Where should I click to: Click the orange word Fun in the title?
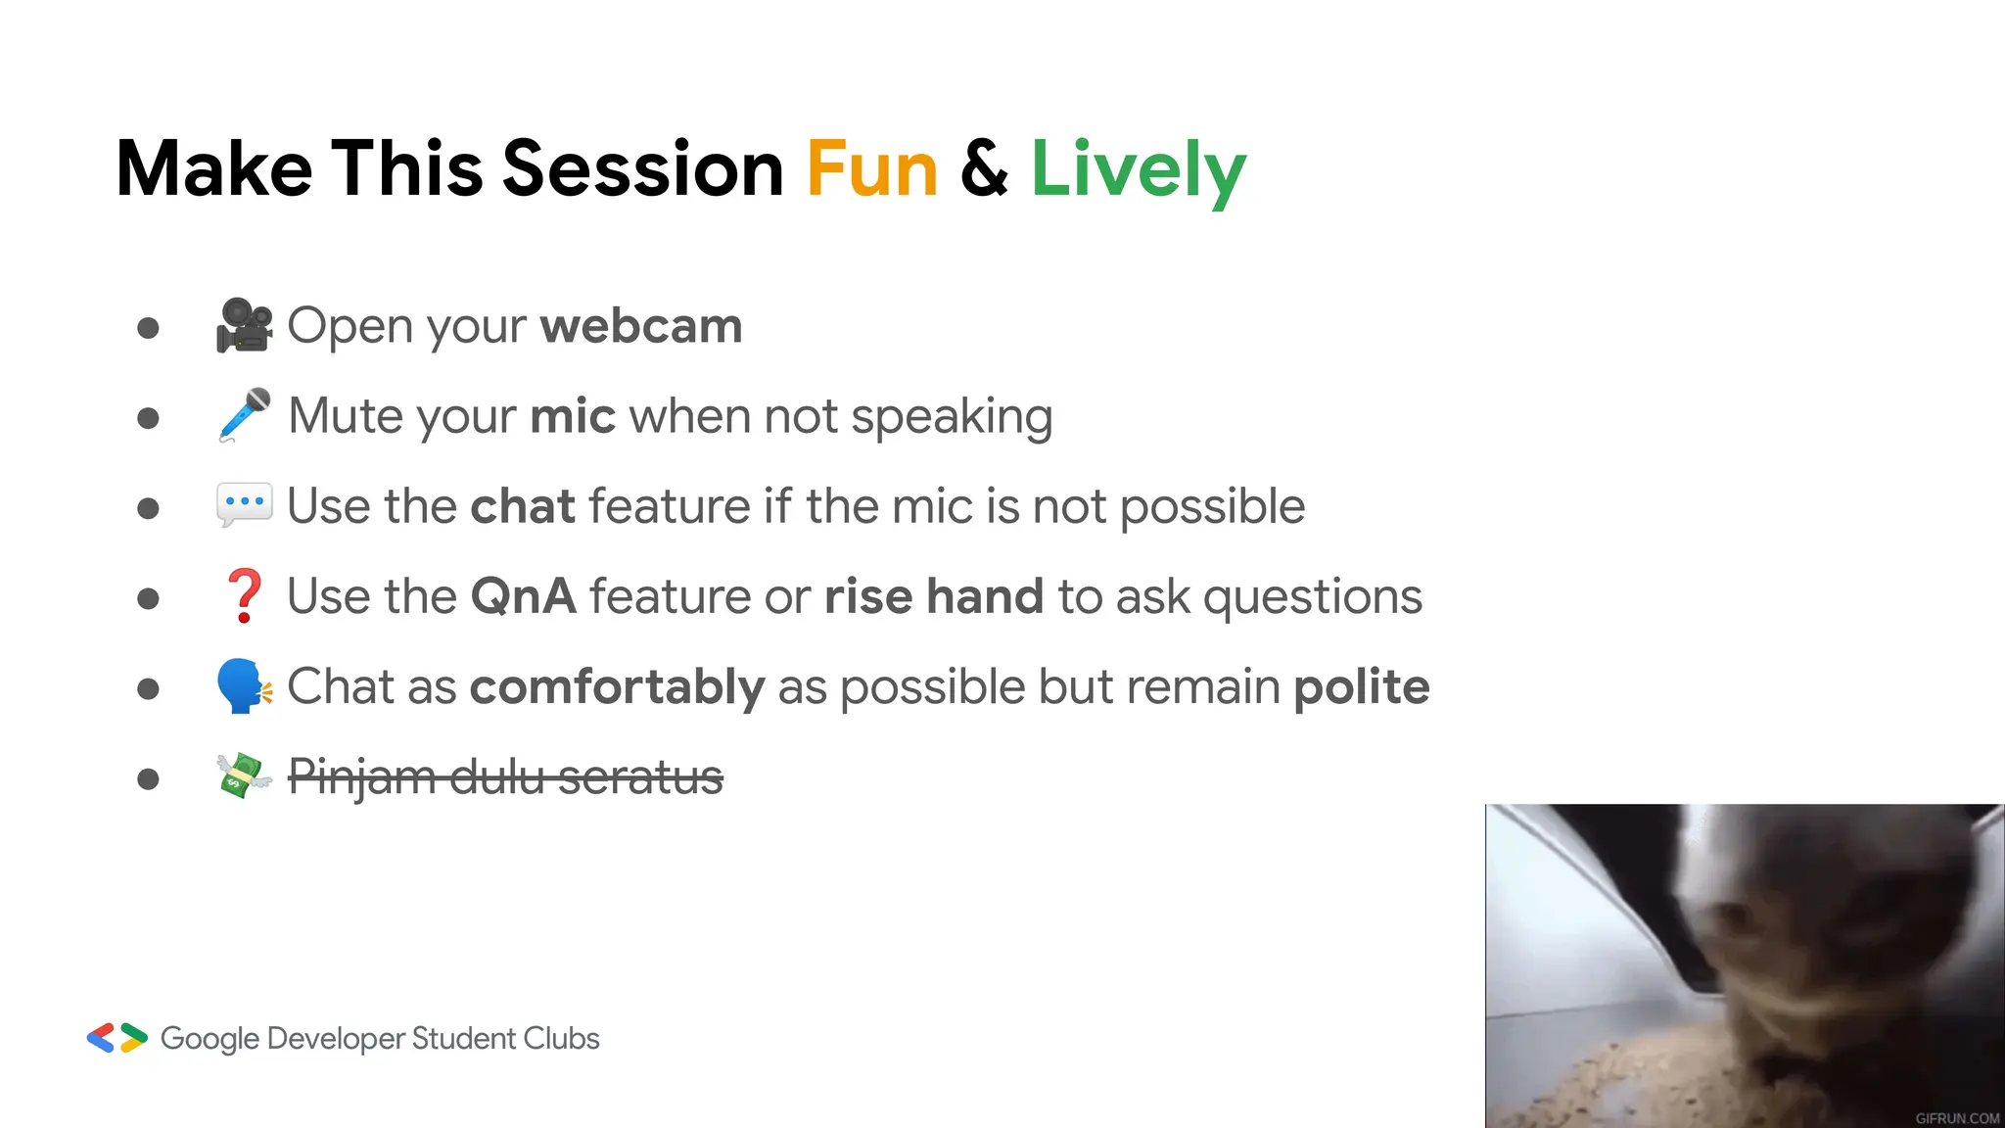click(x=871, y=169)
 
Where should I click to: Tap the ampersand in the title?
click(x=984, y=169)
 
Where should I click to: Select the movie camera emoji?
click(x=244, y=325)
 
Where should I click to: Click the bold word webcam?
click(x=640, y=326)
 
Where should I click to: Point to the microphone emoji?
click(x=244, y=415)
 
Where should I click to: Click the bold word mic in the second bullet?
click(x=572, y=416)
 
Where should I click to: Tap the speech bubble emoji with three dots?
click(x=244, y=504)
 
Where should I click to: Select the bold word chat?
click(x=522, y=506)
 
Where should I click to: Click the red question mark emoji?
click(x=244, y=595)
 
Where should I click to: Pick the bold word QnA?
click(x=523, y=596)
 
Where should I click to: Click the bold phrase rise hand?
click(x=933, y=596)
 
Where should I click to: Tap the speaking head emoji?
click(x=244, y=685)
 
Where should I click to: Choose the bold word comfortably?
click(x=617, y=686)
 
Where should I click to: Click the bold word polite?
click(x=1361, y=686)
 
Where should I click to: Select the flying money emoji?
click(x=244, y=775)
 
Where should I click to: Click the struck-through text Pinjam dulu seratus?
click(x=505, y=777)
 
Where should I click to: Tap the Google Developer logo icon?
click(x=117, y=1038)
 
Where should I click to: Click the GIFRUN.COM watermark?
click(x=1957, y=1117)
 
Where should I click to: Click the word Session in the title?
click(x=642, y=169)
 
